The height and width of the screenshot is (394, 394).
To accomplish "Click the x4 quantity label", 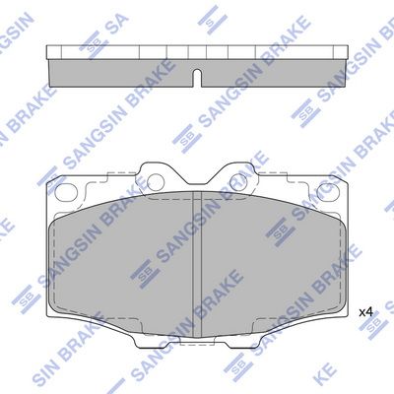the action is click(x=365, y=312).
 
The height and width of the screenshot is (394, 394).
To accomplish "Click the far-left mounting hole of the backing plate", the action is click(x=66, y=192).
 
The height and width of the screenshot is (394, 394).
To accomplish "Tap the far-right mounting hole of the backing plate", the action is click(x=327, y=192).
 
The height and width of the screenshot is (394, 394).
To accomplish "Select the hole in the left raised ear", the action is click(x=156, y=181).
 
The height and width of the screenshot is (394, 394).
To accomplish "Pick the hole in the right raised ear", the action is click(x=238, y=181).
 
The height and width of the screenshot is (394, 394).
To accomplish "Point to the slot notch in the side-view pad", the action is click(x=196, y=79).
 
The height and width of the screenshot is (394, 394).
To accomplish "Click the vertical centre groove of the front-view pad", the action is click(x=196, y=264).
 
